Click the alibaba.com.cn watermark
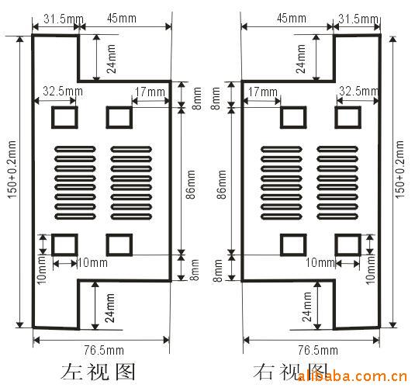tap(352, 376)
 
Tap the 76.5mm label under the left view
tap(104, 351)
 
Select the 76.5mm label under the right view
tap(318, 351)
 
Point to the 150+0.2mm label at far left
tap(12, 169)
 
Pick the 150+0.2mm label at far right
tap(399, 169)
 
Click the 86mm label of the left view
tap(191, 185)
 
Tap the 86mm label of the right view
tap(222, 185)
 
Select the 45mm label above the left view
tap(122, 19)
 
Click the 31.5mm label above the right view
tap(358, 19)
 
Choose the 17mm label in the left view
tap(150, 92)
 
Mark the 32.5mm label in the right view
tap(359, 91)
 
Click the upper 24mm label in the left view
tap(111, 58)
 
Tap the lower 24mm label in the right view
tap(307, 307)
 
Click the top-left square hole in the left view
tap(64, 117)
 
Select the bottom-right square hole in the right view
tap(348, 244)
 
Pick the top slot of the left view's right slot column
tap(131, 149)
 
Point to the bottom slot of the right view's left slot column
tap(282, 217)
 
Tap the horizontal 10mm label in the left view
tap(92, 263)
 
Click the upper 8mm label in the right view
tap(216, 99)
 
